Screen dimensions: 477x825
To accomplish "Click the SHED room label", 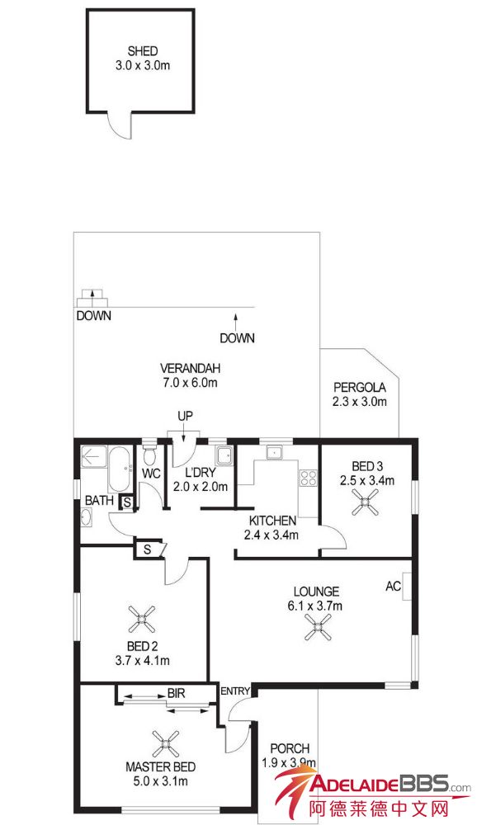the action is [143, 51].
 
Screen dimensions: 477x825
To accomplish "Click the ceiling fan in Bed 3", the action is [365, 502].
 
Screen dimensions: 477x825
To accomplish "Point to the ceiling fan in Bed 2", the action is [142, 619].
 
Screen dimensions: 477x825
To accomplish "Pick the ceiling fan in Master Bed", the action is [165, 743].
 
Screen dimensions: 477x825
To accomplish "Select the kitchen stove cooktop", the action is [308, 478].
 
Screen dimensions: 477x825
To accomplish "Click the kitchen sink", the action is [274, 452].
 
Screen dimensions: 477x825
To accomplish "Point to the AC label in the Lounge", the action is [394, 586].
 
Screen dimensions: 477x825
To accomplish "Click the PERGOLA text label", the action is [360, 388].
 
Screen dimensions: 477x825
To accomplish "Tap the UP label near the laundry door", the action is [185, 416].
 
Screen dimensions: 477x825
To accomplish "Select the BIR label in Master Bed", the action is [177, 694].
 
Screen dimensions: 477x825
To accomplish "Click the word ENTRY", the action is [235, 691].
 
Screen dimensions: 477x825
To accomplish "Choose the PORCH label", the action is [290, 748].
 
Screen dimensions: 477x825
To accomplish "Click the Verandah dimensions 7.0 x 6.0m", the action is [189, 383].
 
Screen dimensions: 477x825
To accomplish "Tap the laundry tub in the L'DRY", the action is [224, 455].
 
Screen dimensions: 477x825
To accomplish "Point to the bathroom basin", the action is [87, 517].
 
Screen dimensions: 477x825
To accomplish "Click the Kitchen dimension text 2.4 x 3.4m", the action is [272, 535].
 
